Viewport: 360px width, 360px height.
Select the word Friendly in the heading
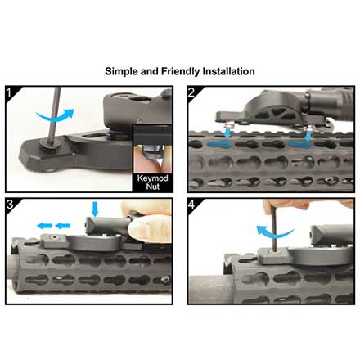(x=181, y=72)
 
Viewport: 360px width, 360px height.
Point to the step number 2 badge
(x=191, y=92)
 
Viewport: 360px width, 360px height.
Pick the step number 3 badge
(x=10, y=204)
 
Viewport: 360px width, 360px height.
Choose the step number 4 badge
(x=191, y=204)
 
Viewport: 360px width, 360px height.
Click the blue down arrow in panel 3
(x=95, y=209)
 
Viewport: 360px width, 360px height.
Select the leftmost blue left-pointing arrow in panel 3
(x=45, y=226)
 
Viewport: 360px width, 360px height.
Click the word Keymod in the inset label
(x=153, y=178)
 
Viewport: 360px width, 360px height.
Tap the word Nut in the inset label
(x=153, y=187)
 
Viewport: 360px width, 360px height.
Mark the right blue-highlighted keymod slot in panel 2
(x=300, y=144)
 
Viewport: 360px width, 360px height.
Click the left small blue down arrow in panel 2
(x=227, y=133)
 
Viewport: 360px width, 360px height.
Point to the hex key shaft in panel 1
(x=54, y=115)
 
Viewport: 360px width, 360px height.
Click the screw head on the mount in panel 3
(x=54, y=238)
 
